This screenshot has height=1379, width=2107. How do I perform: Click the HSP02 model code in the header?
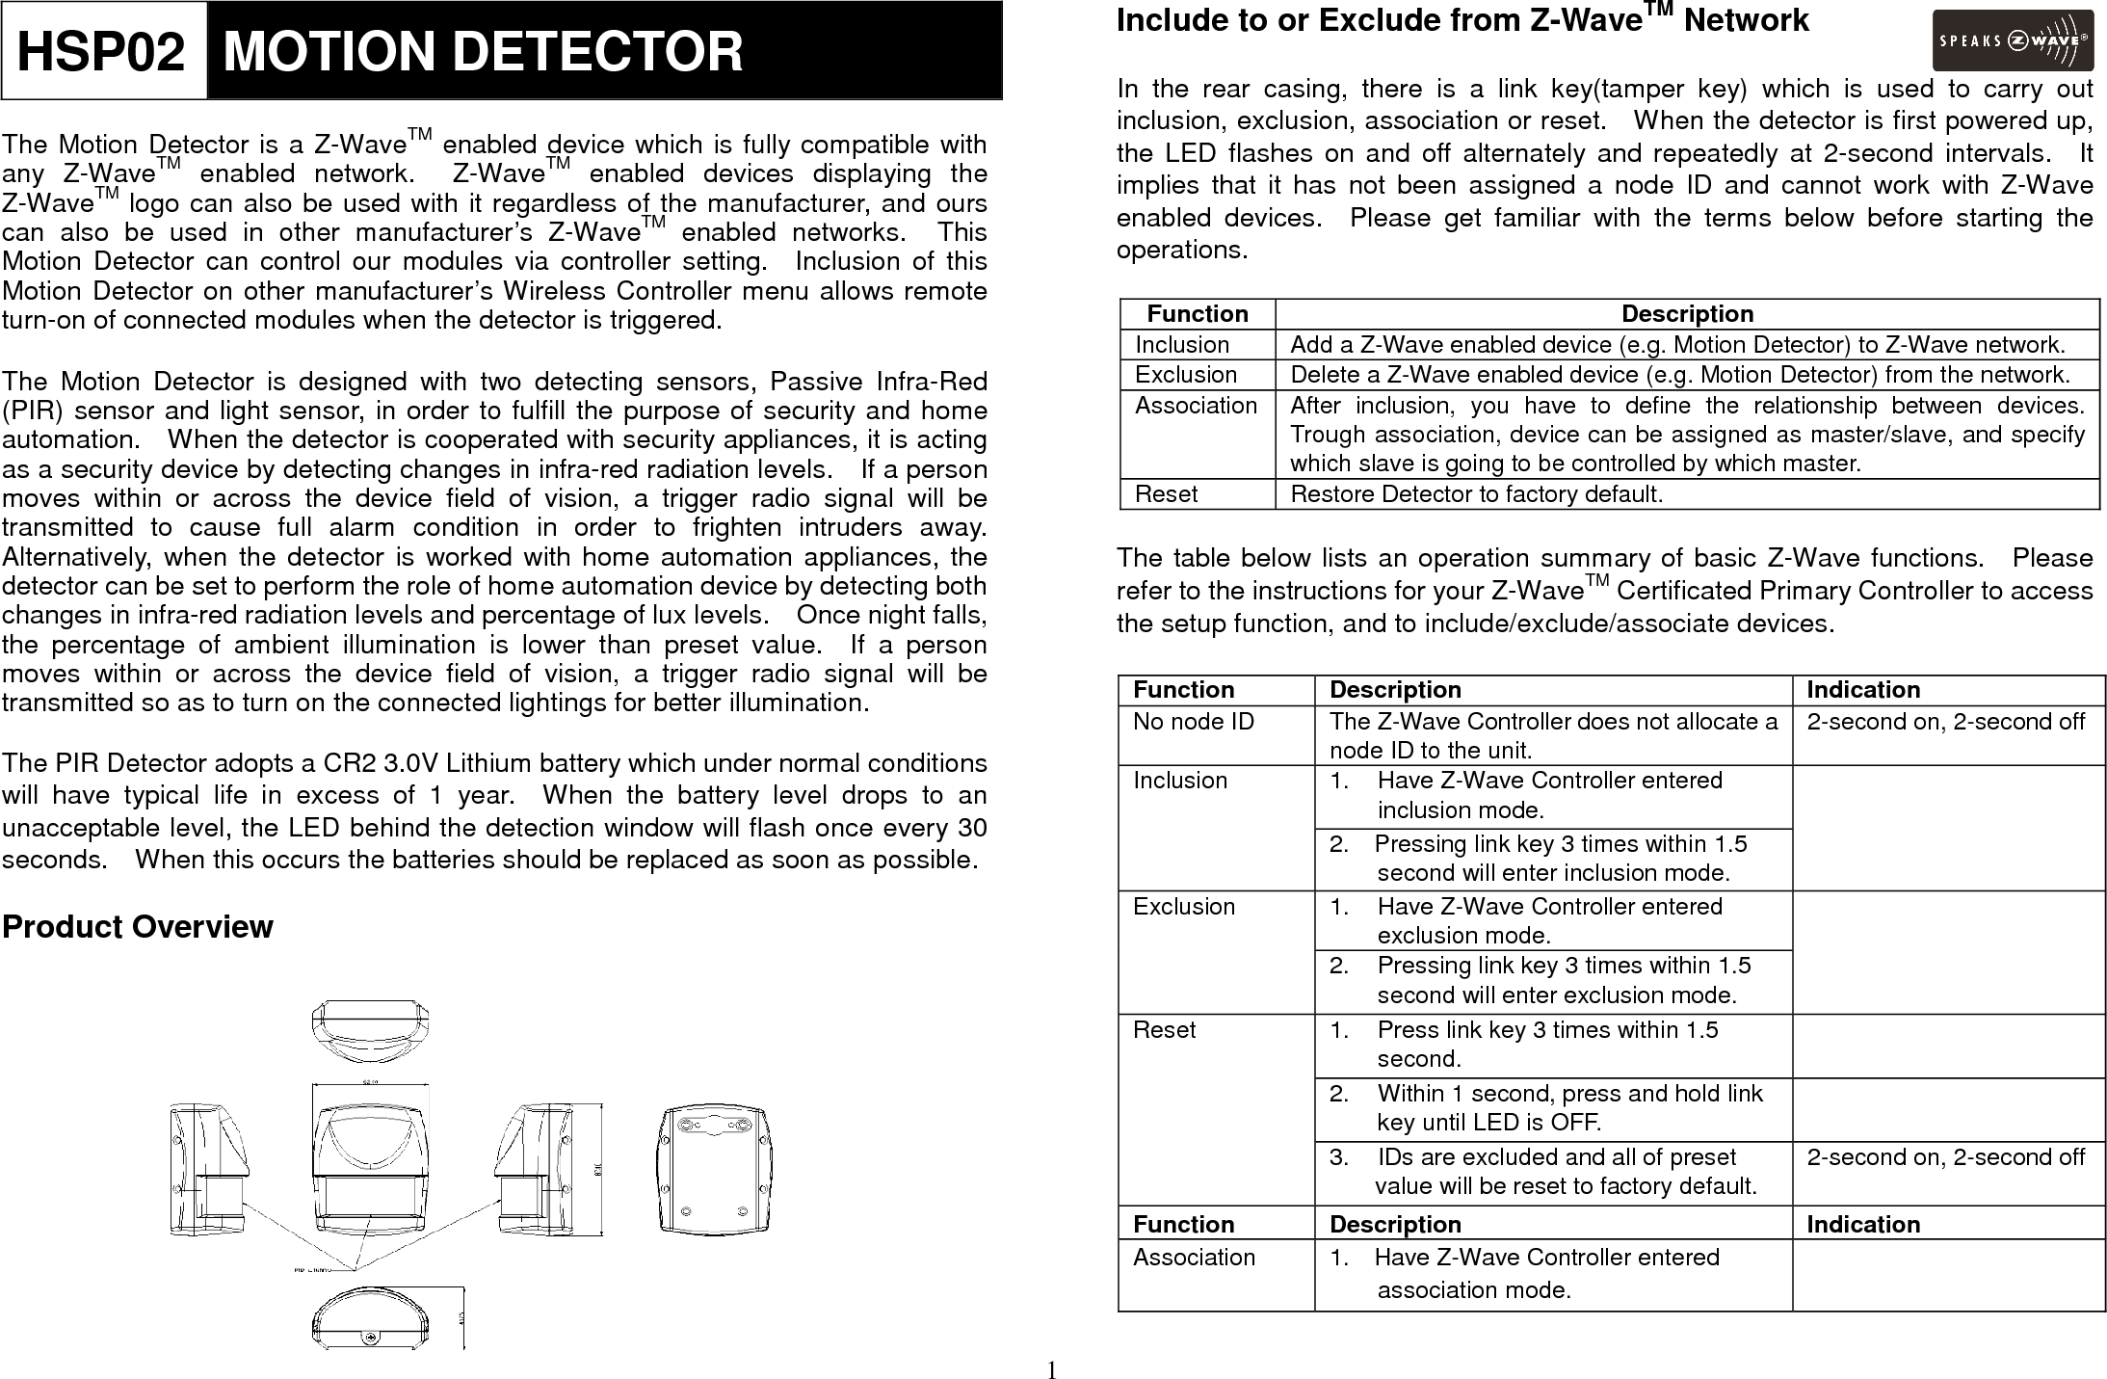click(x=101, y=51)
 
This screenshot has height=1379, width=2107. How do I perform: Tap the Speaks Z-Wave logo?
click(x=2012, y=40)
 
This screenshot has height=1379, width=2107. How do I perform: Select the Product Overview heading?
click(x=137, y=927)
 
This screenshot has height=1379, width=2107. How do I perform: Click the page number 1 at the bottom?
click(x=1052, y=1369)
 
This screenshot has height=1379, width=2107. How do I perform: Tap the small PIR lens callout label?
click(x=319, y=1270)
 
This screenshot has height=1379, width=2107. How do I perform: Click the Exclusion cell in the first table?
click(x=1185, y=374)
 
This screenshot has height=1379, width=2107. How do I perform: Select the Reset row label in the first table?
click(x=1166, y=494)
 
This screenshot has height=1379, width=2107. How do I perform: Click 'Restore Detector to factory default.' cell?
click(x=1476, y=494)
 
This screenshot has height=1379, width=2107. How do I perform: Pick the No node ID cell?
click(x=1193, y=722)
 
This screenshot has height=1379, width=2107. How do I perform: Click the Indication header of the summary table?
click(x=1862, y=690)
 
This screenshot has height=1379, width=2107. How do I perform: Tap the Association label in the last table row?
click(x=1194, y=1258)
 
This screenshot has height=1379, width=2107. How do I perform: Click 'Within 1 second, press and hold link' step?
click(x=1568, y=1094)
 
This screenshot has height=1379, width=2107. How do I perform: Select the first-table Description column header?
click(x=1687, y=314)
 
